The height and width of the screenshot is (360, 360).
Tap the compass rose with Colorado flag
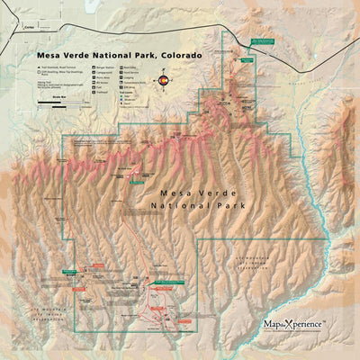pyautogui.click(x=164, y=82)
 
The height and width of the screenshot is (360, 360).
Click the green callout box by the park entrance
pyautogui.click(x=263, y=41)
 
